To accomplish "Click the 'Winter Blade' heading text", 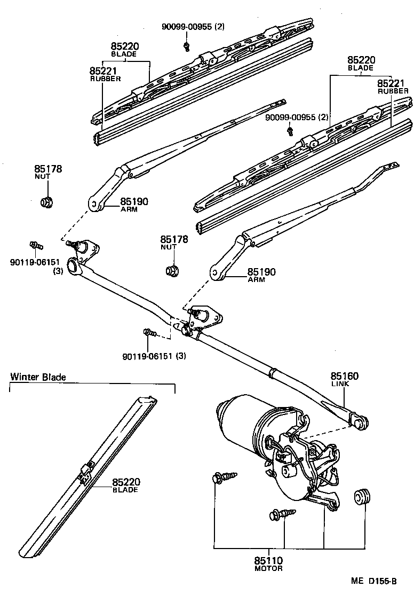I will point(38,377).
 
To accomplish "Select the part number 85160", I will point(345,376).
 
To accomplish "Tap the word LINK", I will point(340,384).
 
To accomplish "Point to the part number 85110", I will point(268,561).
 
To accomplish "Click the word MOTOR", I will point(268,569).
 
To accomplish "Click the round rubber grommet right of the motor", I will point(362,496).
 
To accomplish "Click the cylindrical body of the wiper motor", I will point(243,422).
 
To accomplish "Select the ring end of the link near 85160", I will point(361,422).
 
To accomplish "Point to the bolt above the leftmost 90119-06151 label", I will point(37,246).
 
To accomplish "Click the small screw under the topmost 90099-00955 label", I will point(187,45).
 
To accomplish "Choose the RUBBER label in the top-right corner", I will point(393,91).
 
